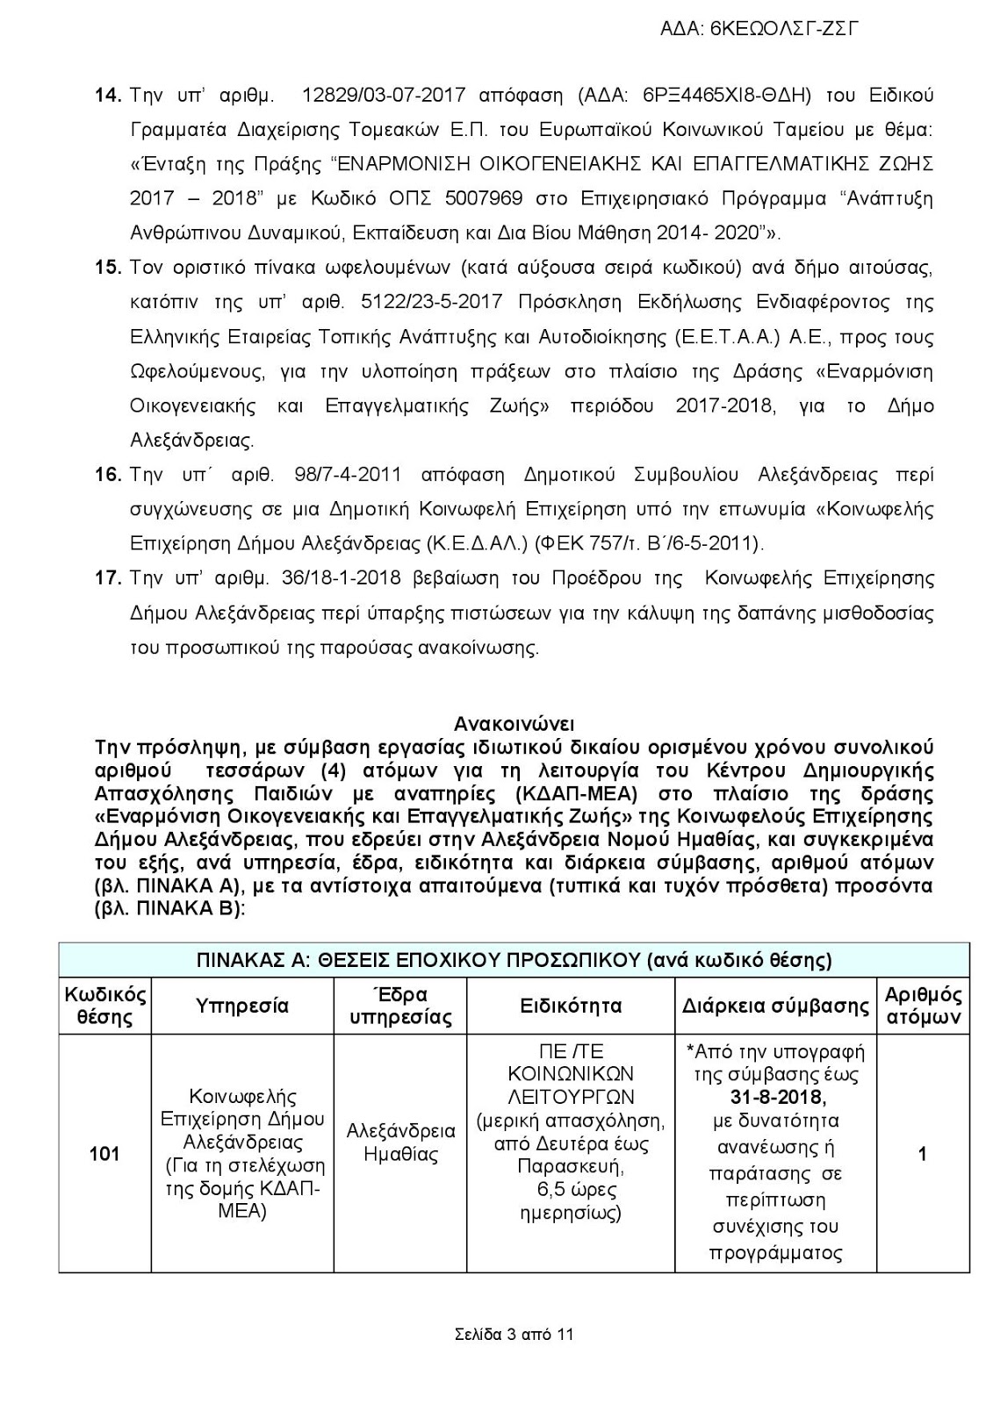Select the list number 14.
107,95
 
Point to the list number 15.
107,267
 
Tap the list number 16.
107,475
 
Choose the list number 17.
107,578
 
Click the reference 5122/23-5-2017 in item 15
431,302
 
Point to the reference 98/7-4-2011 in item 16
338,475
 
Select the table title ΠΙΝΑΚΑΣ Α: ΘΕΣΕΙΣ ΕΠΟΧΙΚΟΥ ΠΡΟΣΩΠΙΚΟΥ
514,960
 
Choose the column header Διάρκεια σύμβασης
775,1006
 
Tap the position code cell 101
104,1153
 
